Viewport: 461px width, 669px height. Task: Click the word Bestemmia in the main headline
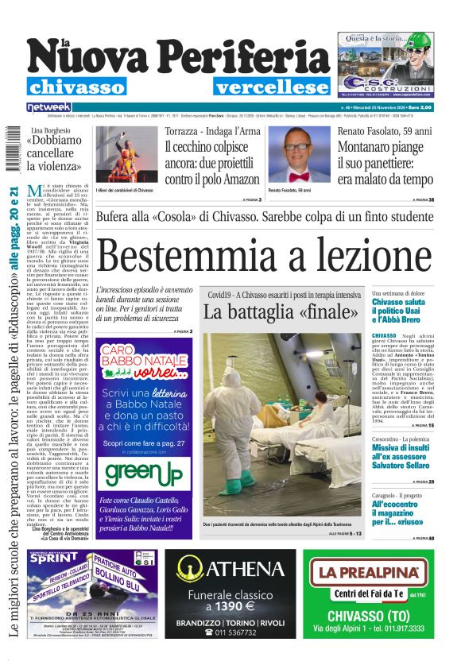click(199, 259)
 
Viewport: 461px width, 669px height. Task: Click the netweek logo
click(48, 106)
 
